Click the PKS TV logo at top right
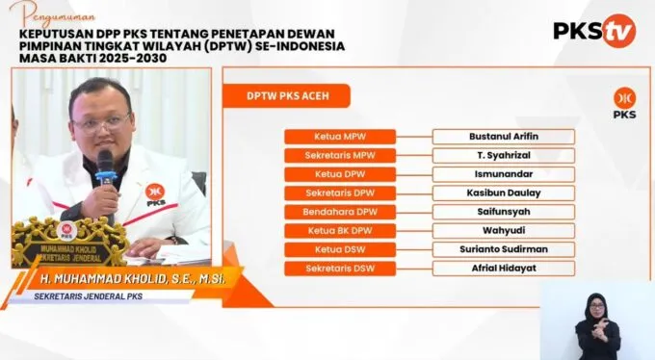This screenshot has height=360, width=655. point(593,31)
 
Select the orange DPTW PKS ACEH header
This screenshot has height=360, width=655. point(286,96)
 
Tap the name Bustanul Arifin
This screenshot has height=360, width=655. point(504,137)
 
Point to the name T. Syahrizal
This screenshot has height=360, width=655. point(504,155)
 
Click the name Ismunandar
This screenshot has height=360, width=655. point(504,174)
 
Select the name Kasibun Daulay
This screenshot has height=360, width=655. point(504,193)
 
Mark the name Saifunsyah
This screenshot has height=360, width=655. point(504,212)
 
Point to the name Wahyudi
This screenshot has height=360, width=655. point(504,231)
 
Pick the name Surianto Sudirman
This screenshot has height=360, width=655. point(504,249)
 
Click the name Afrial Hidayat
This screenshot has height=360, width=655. point(504,269)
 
